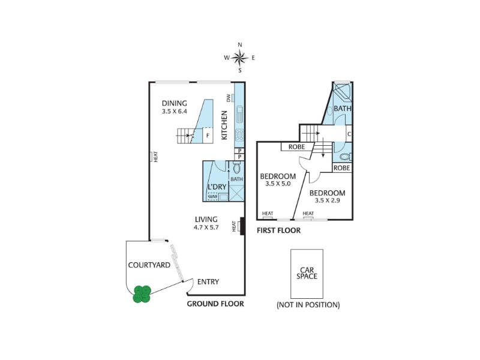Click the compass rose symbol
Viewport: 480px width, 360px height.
click(x=239, y=58)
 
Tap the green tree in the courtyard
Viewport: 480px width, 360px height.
click(x=142, y=294)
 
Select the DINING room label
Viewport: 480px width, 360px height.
click(x=174, y=103)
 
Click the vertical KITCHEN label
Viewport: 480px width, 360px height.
click(x=224, y=125)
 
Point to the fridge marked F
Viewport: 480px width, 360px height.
click(x=208, y=136)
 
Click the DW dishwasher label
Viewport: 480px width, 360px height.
click(x=229, y=98)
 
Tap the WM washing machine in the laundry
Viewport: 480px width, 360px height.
click(x=212, y=197)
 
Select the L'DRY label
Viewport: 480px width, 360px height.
click(x=217, y=187)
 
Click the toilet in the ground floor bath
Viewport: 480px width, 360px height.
click(x=236, y=169)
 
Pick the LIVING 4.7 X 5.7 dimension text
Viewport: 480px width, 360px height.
click(x=206, y=227)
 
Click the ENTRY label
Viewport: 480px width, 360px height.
click(x=208, y=281)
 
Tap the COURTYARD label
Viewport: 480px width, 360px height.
click(x=149, y=265)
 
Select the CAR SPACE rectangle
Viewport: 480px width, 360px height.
click(x=307, y=274)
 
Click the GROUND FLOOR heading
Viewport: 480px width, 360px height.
click(x=215, y=304)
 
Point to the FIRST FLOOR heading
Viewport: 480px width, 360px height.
click(x=278, y=230)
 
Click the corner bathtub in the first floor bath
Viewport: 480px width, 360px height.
click(x=343, y=91)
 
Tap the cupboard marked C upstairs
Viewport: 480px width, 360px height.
click(x=349, y=134)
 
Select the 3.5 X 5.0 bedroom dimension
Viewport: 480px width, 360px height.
click(x=278, y=184)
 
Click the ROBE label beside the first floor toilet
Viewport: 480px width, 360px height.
click(x=342, y=168)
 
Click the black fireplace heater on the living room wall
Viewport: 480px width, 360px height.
click(x=242, y=226)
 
